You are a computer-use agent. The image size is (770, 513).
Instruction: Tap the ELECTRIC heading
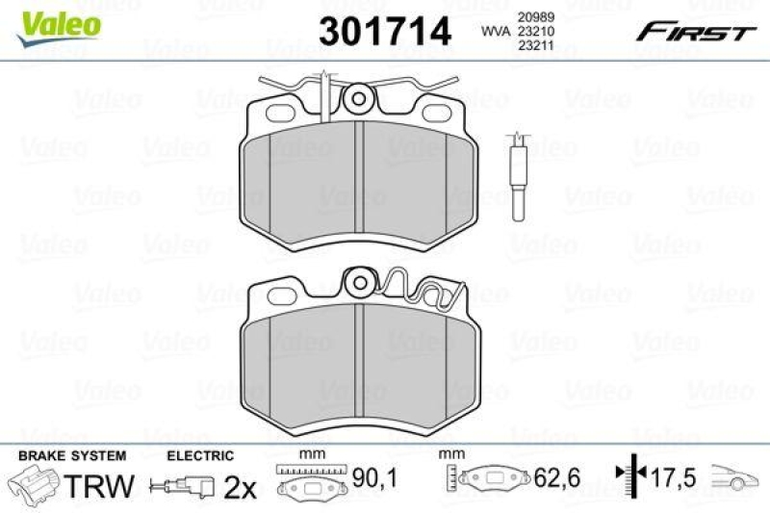(x=200, y=454)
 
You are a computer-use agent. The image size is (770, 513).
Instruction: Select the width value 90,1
(x=368, y=476)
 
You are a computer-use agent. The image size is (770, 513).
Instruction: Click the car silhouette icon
(x=735, y=476)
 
